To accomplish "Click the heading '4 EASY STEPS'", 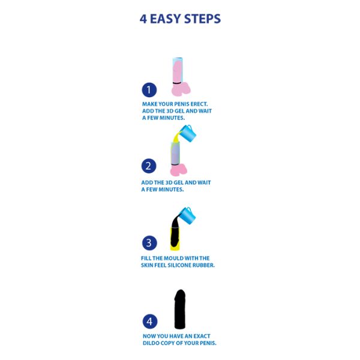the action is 180,19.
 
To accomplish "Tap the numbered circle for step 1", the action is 149,90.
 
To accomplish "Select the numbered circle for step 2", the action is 149,166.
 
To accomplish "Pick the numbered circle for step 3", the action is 149,243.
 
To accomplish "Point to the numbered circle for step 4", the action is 150,322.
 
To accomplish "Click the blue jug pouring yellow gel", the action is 187,133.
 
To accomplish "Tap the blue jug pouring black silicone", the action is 187,215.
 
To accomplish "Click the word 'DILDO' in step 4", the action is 151,343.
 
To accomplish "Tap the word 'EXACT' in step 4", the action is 202,336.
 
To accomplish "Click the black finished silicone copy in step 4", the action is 180,309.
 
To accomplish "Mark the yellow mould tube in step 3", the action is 175,239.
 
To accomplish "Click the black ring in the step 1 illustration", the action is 177,83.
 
